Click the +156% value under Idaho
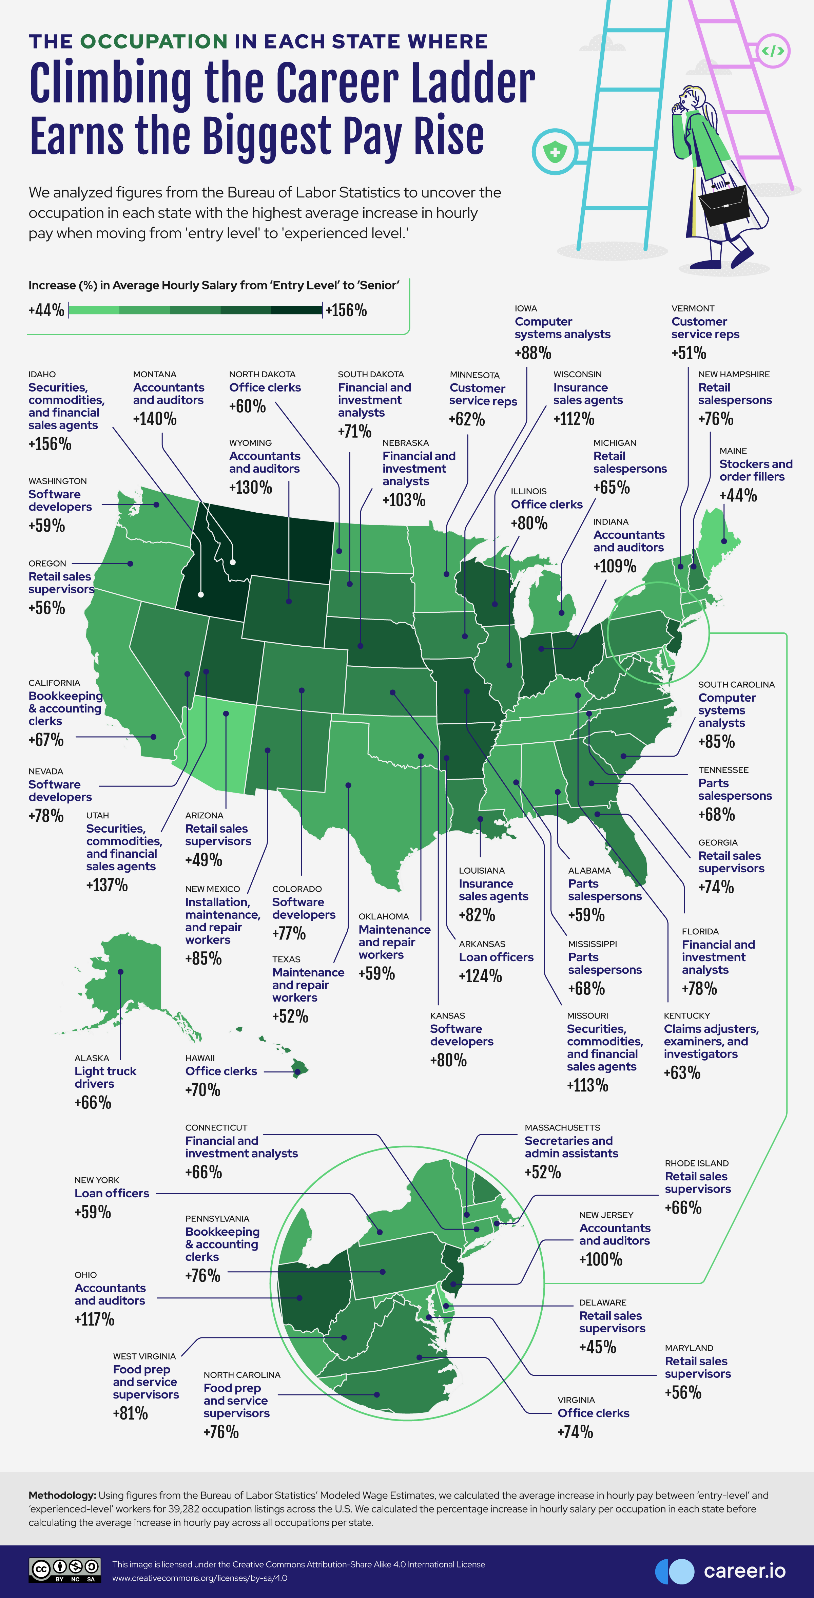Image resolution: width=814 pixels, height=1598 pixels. [x=50, y=444]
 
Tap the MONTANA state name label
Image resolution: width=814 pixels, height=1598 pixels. [x=154, y=374]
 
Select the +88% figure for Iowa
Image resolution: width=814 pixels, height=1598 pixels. [x=532, y=353]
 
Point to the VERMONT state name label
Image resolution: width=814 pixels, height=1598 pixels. [x=693, y=308]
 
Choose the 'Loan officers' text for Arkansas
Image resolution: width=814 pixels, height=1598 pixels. [x=496, y=957]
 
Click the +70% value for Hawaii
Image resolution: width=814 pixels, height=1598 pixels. [x=203, y=1090]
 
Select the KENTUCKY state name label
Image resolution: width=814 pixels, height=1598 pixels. [x=686, y=1015]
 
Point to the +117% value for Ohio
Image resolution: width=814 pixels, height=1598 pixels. [x=94, y=1319]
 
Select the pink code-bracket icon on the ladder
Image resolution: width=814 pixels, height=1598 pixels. [x=773, y=51]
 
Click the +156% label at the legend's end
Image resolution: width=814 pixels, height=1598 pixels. [x=347, y=310]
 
